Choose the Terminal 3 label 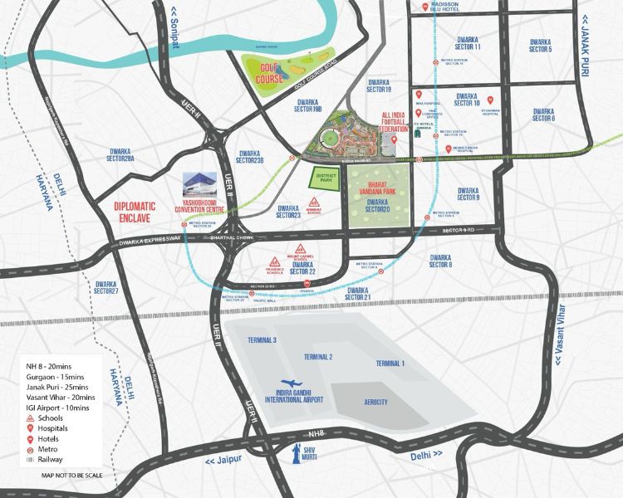tap(262, 341)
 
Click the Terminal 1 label tap(390, 364)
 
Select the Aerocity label tap(375, 402)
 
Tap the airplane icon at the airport tap(287, 376)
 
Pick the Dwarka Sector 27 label tap(106, 286)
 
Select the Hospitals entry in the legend tap(52, 428)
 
